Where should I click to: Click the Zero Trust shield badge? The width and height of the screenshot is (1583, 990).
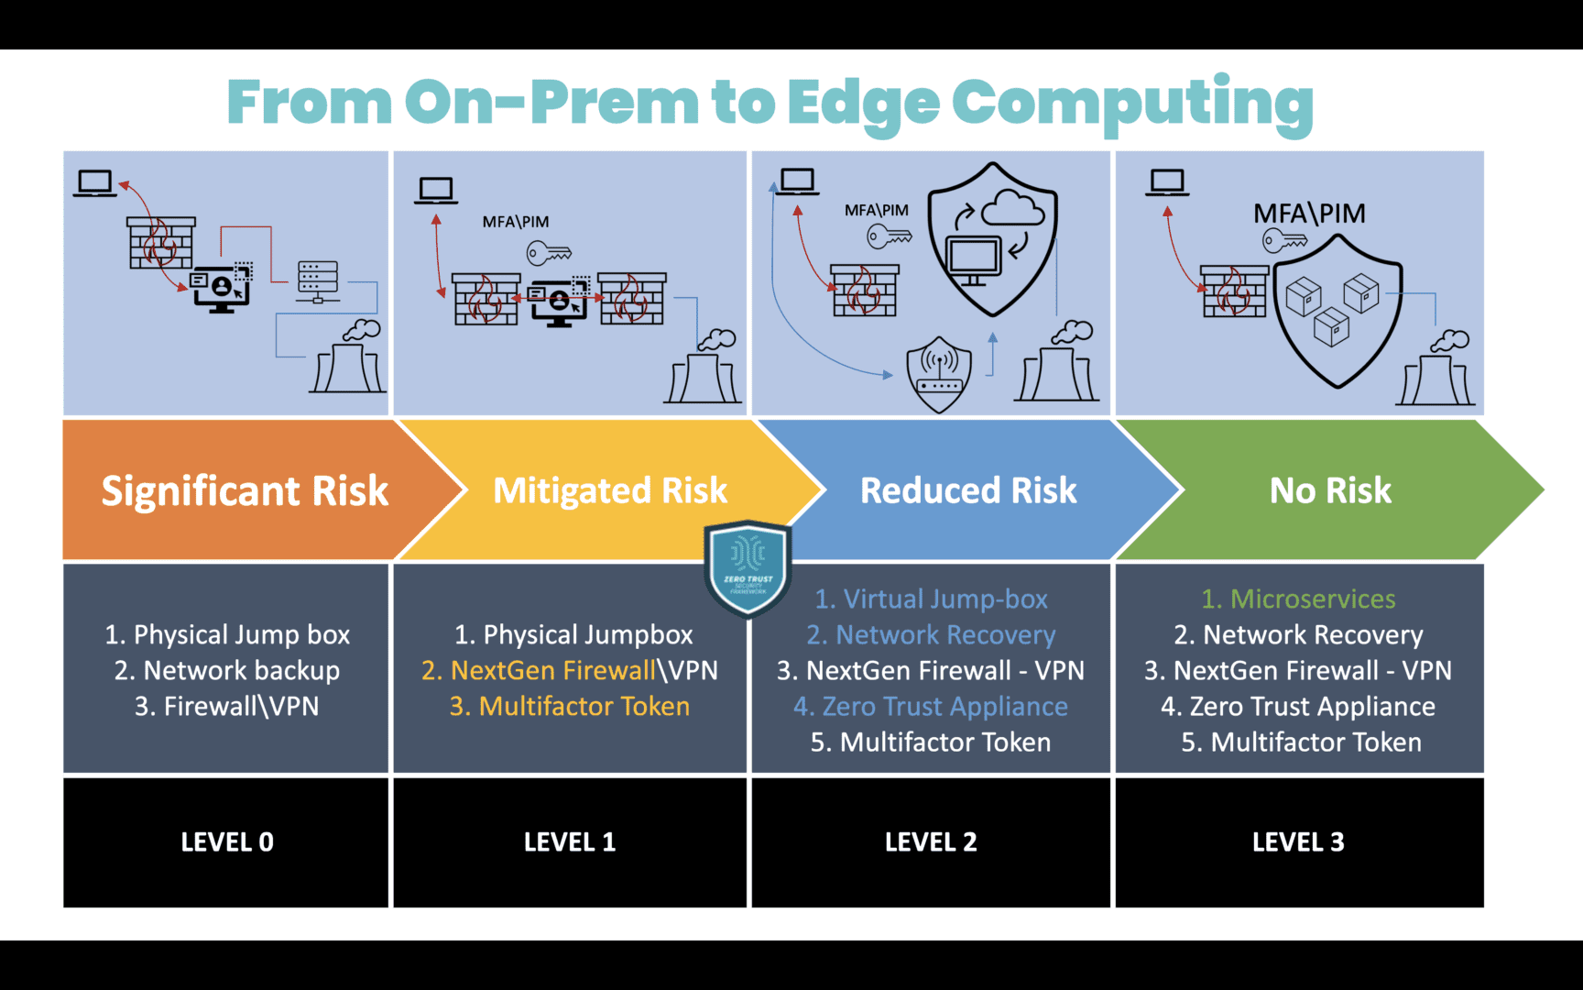click(x=748, y=568)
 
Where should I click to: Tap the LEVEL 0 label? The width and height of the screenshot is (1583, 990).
click(x=227, y=841)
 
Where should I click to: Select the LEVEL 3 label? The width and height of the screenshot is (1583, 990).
click(x=1298, y=841)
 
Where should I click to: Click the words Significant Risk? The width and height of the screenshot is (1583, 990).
click(x=245, y=490)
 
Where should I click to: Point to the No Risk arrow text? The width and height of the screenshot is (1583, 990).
click(x=1330, y=490)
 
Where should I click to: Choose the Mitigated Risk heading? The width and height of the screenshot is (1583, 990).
click(x=610, y=490)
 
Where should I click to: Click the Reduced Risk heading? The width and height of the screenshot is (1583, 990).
click(x=968, y=490)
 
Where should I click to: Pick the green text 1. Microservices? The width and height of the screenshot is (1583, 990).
click(x=1298, y=599)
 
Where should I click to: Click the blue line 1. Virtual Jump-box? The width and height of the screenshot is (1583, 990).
click(x=931, y=599)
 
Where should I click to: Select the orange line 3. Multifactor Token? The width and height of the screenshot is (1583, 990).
click(x=569, y=706)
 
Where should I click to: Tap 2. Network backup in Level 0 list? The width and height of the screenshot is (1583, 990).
click(x=227, y=670)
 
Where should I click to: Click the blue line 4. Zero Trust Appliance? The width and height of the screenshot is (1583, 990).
click(x=931, y=706)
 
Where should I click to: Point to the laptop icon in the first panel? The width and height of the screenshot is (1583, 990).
click(x=94, y=183)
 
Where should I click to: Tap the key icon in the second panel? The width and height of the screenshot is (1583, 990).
click(x=549, y=252)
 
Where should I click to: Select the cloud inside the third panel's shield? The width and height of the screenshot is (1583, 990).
click(x=1012, y=208)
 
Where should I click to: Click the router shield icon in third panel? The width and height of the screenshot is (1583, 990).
click(x=939, y=373)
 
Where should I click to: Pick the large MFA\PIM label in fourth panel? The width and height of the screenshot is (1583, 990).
click(x=1309, y=214)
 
